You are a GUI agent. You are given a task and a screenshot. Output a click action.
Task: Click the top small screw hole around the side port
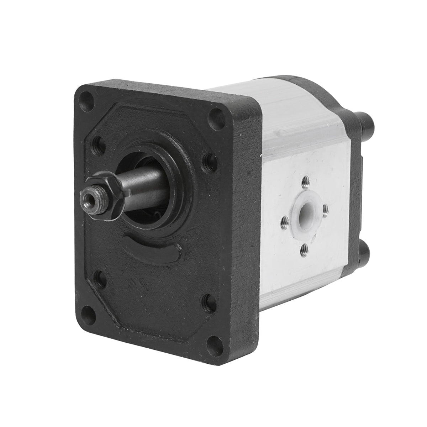click(x=305, y=184)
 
